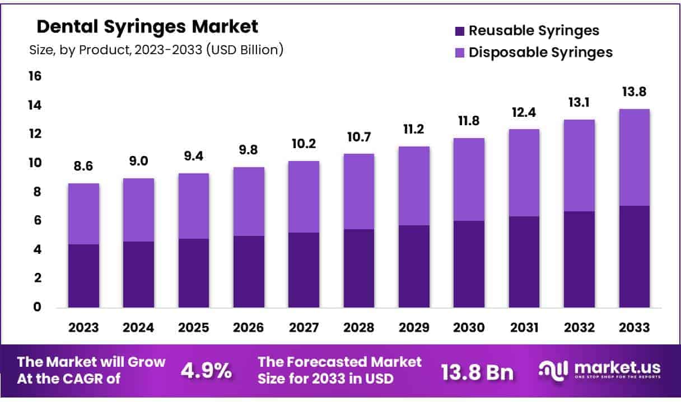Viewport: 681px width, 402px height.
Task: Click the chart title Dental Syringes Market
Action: click(147, 26)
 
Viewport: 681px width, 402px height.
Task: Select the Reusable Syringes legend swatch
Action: click(459, 31)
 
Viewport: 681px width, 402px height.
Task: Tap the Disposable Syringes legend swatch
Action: click(459, 53)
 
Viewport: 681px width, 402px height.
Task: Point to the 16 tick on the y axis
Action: click(35, 75)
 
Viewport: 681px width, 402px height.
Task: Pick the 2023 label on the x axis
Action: click(84, 328)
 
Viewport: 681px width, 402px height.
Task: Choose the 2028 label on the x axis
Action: click(358, 328)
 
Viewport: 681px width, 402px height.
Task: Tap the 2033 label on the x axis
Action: click(634, 328)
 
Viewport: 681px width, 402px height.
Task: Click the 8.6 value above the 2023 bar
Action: click(84, 166)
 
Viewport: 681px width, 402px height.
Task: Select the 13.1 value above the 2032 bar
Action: click(579, 102)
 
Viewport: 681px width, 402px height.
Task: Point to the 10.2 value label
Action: click(304, 144)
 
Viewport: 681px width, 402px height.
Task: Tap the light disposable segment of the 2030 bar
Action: click(469, 179)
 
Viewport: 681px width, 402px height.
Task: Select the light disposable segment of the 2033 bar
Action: click(634, 157)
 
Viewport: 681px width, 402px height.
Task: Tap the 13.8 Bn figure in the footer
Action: click(477, 371)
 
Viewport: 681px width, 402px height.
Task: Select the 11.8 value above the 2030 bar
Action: click(469, 121)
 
